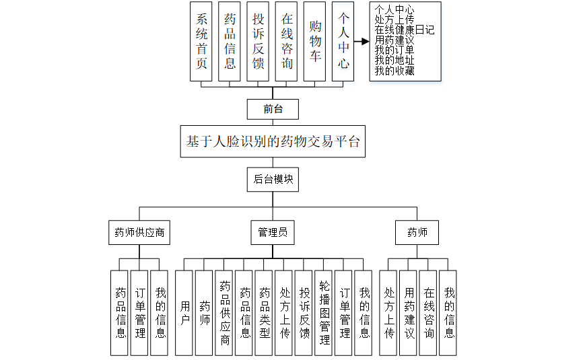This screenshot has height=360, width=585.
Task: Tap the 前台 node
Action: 273,109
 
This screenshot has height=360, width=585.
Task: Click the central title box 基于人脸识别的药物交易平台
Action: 273,142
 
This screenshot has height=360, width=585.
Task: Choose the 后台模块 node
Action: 273,179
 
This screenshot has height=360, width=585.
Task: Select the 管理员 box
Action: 273,233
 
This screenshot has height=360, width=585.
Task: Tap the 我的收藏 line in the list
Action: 394,71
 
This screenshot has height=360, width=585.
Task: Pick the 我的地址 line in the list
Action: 394,61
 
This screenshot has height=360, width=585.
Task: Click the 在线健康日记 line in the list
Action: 405,30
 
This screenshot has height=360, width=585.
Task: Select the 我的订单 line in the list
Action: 394,50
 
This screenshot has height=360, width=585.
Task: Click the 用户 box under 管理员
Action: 184,313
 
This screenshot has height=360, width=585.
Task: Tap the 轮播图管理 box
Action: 324,313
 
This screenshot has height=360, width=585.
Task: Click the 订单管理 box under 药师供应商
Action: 140,313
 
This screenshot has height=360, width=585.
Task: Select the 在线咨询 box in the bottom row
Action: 429,313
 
